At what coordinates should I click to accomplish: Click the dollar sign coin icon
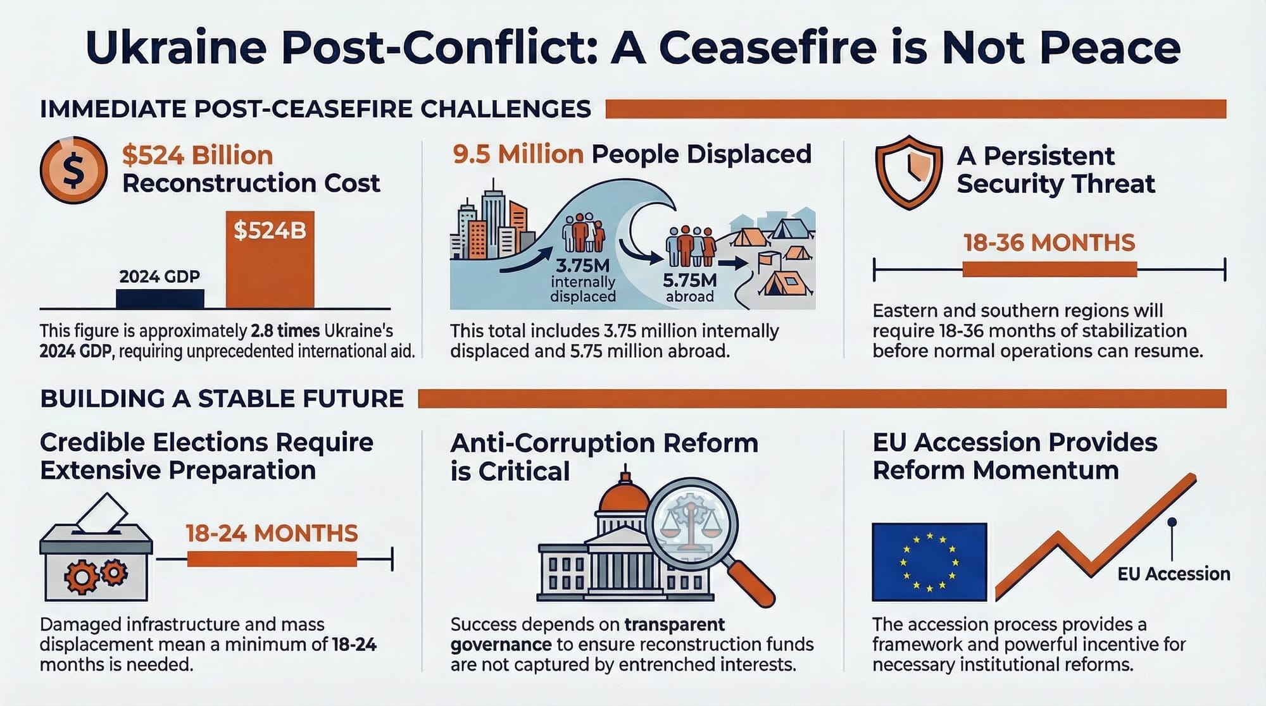point(73,170)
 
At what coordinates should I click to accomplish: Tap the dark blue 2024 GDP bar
point(160,299)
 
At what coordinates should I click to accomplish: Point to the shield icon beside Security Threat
point(908,171)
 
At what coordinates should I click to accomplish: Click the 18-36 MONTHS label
point(1049,243)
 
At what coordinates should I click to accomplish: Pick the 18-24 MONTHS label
point(272,533)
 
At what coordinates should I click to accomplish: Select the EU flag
point(929,562)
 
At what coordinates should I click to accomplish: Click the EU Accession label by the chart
point(1174,574)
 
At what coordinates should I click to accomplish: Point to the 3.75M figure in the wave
point(582,266)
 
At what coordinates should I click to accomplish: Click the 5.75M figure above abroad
point(689,280)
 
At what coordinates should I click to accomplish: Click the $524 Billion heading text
point(197,156)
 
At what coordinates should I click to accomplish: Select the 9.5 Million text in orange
point(518,154)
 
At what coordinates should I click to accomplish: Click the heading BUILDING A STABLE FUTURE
point(222,399)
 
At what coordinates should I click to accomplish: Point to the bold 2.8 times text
point(285,331)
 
